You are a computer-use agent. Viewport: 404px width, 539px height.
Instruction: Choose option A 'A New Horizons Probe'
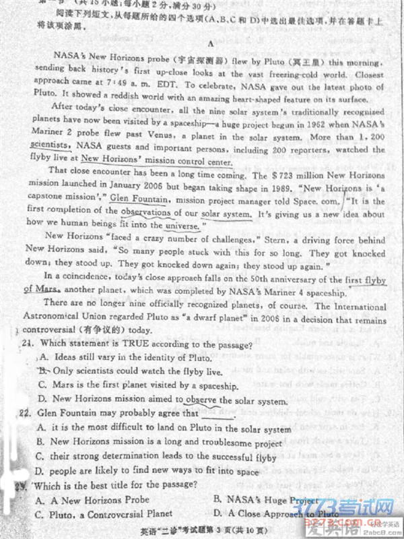coord(94,501)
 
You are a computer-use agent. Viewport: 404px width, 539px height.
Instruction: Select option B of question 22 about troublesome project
coord(162,443)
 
